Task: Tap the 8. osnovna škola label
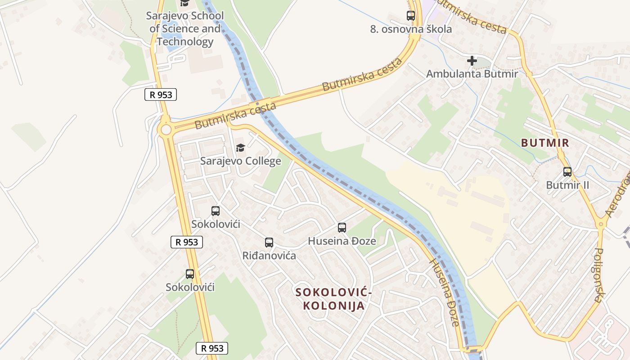point(411,29)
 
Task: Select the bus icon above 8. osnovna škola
point(411,16)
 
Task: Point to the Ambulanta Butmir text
point(472,73)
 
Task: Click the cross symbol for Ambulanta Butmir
point(472,60)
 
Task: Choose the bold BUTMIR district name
point(545,143)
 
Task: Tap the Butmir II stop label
point(567,185)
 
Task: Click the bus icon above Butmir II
point(567,171)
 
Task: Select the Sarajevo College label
point(240,161)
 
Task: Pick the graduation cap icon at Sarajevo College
point(240,148)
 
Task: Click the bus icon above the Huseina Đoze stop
point(342,228)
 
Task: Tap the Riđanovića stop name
point(269,256)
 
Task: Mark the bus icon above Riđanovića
point(269,243)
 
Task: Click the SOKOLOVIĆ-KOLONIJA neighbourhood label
point(333,299)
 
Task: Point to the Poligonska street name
point(599,274)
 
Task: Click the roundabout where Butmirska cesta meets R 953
point(166,130)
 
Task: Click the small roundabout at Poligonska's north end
point(600,224)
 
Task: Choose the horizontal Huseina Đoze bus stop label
point(342,241)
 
